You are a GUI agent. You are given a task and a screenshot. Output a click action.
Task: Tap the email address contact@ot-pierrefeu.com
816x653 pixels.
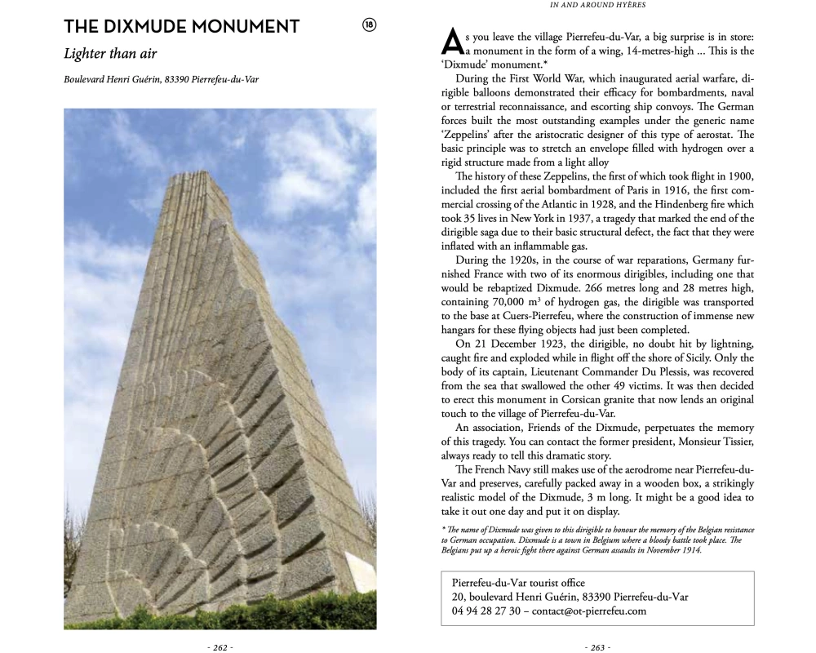pos(589,611)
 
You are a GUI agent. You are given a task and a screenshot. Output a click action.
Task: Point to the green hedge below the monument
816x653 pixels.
pos(163,614)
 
